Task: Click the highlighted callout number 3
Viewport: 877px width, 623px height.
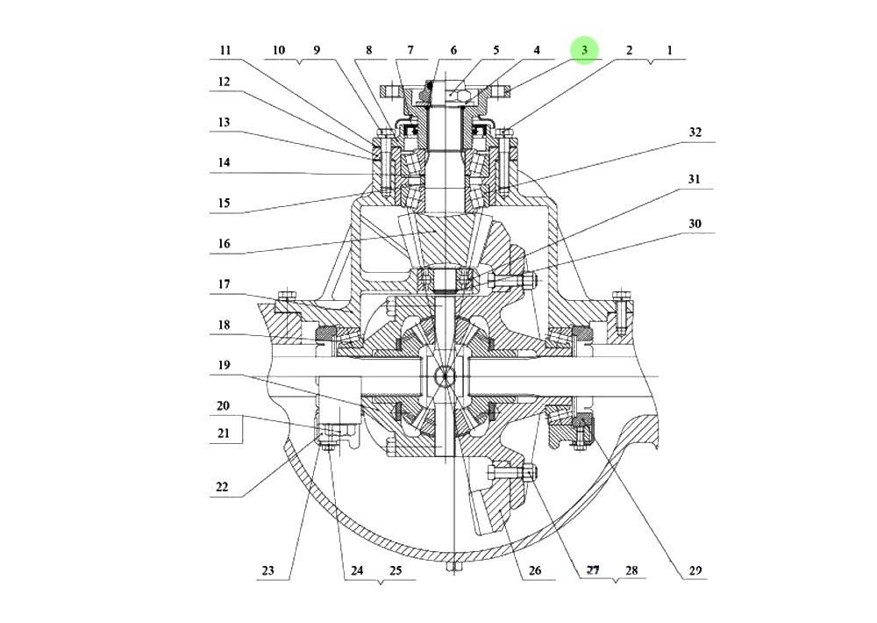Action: [x=584, y=50]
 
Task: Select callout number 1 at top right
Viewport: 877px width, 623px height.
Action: [x=669, y=51]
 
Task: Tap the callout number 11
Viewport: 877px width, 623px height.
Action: [x=225, y=51]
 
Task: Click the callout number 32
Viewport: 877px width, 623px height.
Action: [x=695, y=133]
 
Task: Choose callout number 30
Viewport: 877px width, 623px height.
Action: [x=695, y=225]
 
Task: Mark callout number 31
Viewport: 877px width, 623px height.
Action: [x=695, y=179]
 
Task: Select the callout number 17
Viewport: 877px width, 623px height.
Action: [x=225, y=283]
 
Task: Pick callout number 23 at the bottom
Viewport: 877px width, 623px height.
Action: [x=267, y=570]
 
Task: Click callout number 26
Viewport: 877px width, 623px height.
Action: [x=535, y=570]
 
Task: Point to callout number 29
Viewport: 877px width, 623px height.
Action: [x=695, y=570]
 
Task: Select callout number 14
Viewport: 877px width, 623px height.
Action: [x=225, y=162]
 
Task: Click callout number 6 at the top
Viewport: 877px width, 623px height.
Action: [x=453, y=51]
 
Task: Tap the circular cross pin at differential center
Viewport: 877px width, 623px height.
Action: [x=446, y=376]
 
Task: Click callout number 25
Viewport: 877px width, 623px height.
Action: [x=395, y=570]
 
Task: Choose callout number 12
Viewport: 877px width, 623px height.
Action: [x=225, y=82]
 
